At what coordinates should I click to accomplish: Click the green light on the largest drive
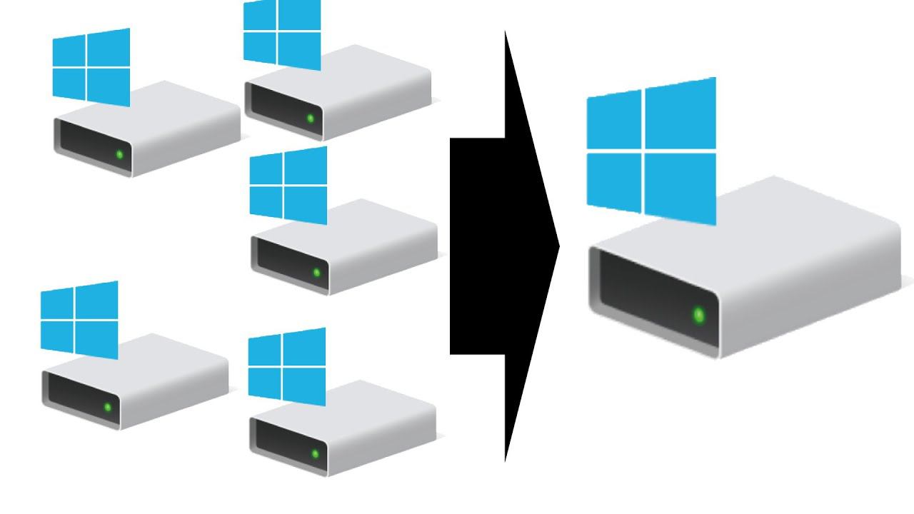click(698, 315)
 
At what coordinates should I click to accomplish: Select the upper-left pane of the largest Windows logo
click(613, 120)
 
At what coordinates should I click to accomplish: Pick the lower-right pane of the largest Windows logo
click(680, 187)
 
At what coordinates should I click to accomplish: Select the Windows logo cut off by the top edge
click(281, 34)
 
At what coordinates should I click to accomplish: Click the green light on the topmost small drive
click(311, 118)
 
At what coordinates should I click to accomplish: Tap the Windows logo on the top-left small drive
click(91, 66)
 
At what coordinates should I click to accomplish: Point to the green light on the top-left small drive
click(119, 154)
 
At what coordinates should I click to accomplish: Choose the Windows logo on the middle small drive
click(288, 184)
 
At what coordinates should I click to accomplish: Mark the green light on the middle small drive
click(316, 272)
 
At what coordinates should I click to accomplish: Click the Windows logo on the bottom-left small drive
click(79, 319)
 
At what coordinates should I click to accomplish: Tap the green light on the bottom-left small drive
click(108, 407)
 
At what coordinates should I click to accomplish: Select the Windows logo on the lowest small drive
click(287, 366)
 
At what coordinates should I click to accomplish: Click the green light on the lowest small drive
click(315, 453)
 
